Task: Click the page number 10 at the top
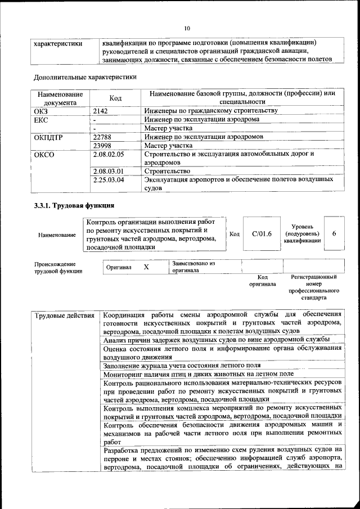[x=187, y=28]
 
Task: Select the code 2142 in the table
[x=101, y=111]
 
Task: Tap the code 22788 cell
[x=103, y=136]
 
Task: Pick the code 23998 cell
[x=103, y=145]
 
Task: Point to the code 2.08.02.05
[x=109, y=154]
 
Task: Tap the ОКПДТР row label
[x=49, y=136]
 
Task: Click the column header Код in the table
[x=115, y=98]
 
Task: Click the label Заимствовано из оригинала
[x=193, y=266]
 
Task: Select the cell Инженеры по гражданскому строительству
[x=210, y=111]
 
